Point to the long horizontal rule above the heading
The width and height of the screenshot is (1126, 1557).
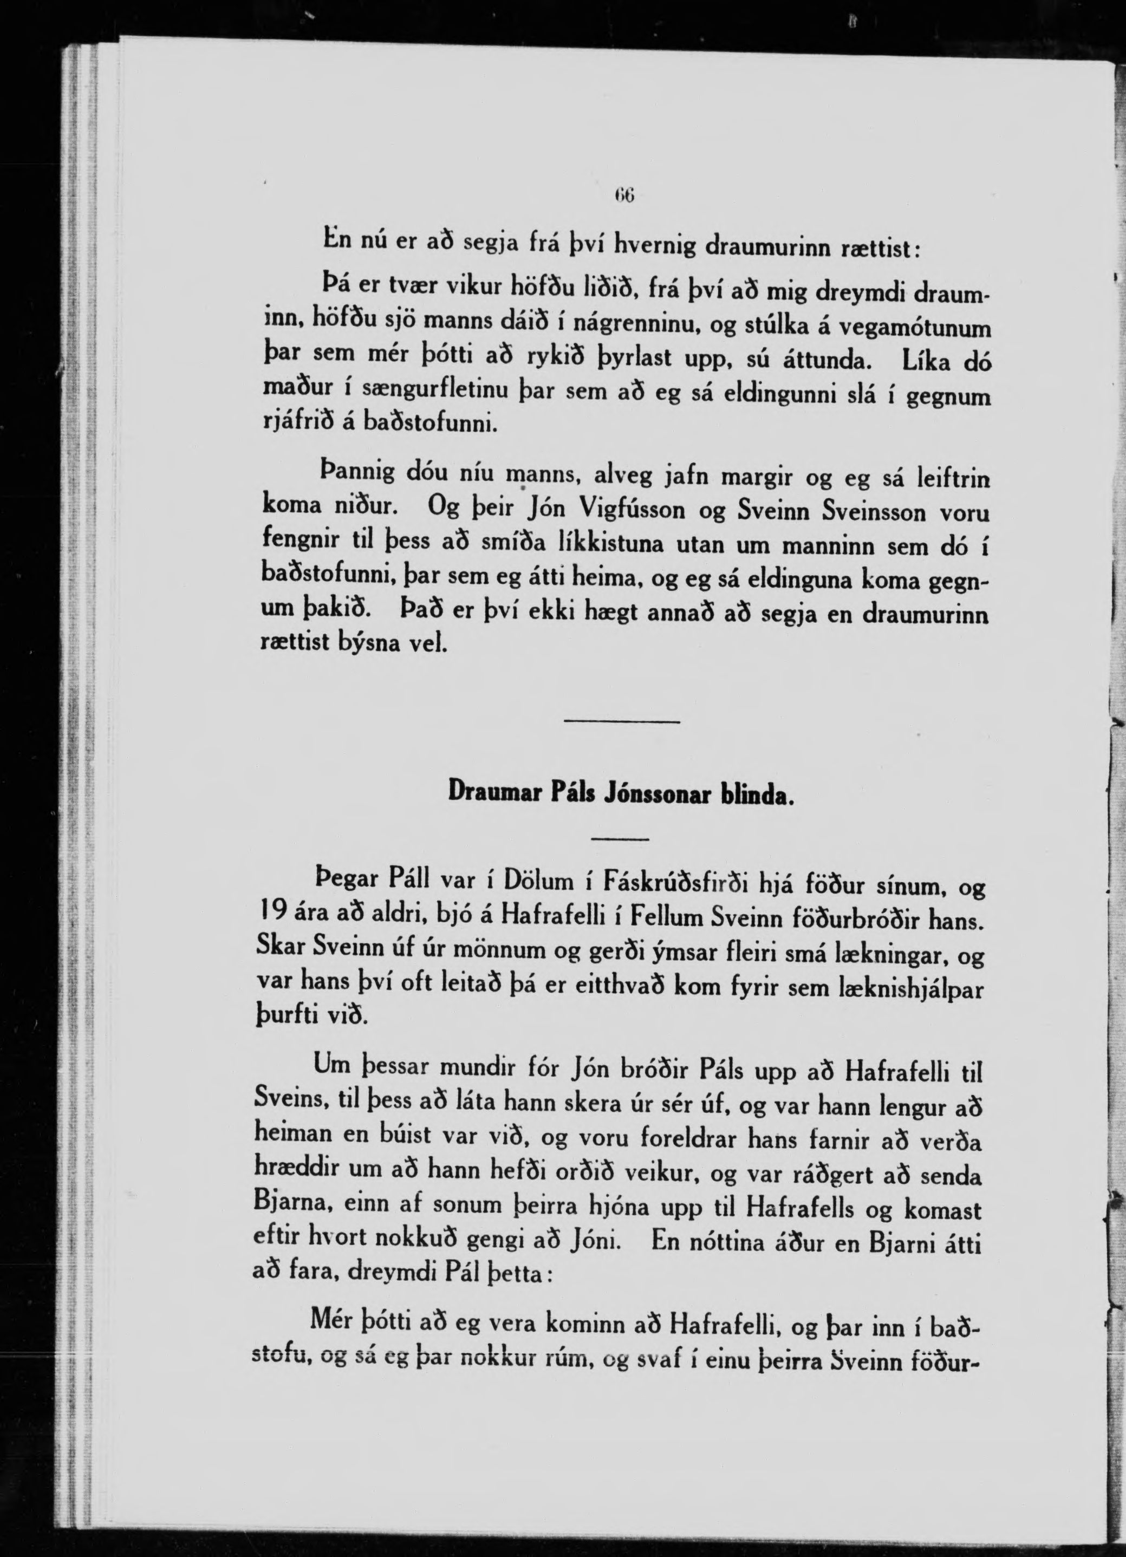click(621, 721)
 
